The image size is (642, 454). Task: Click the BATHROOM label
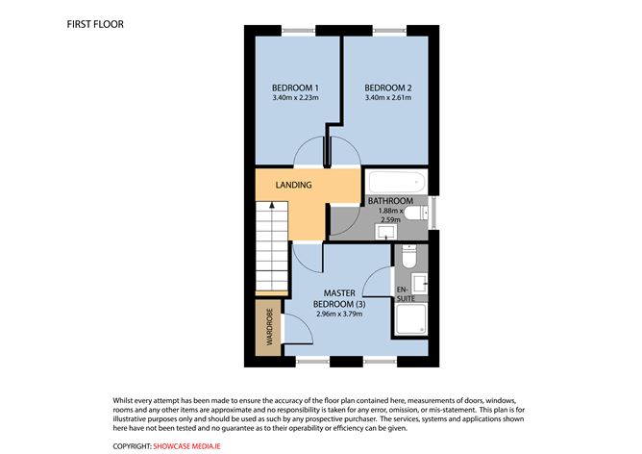point(390,201)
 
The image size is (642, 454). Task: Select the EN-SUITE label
point(403,292)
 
